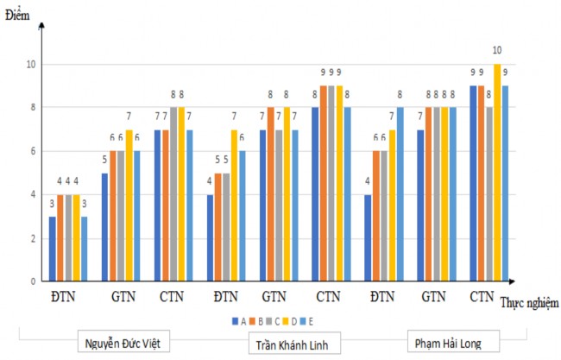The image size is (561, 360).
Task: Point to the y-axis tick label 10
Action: click(x=29, y=65)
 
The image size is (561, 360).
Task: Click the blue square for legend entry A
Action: click(x=234, y=320)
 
